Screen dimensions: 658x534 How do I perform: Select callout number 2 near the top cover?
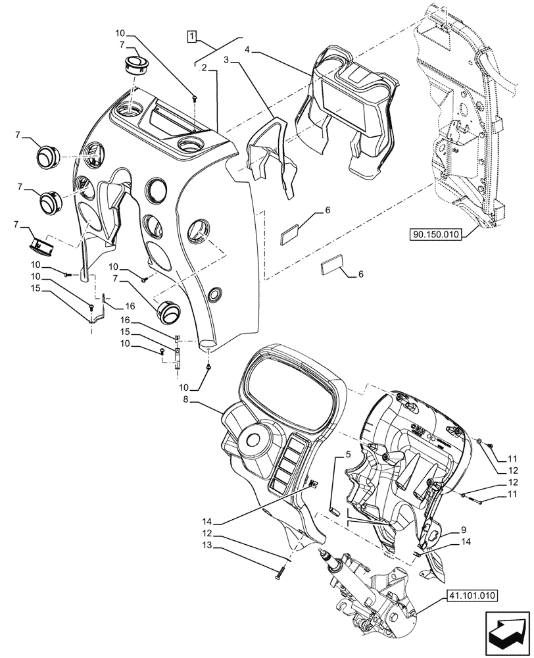point(205,68)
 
